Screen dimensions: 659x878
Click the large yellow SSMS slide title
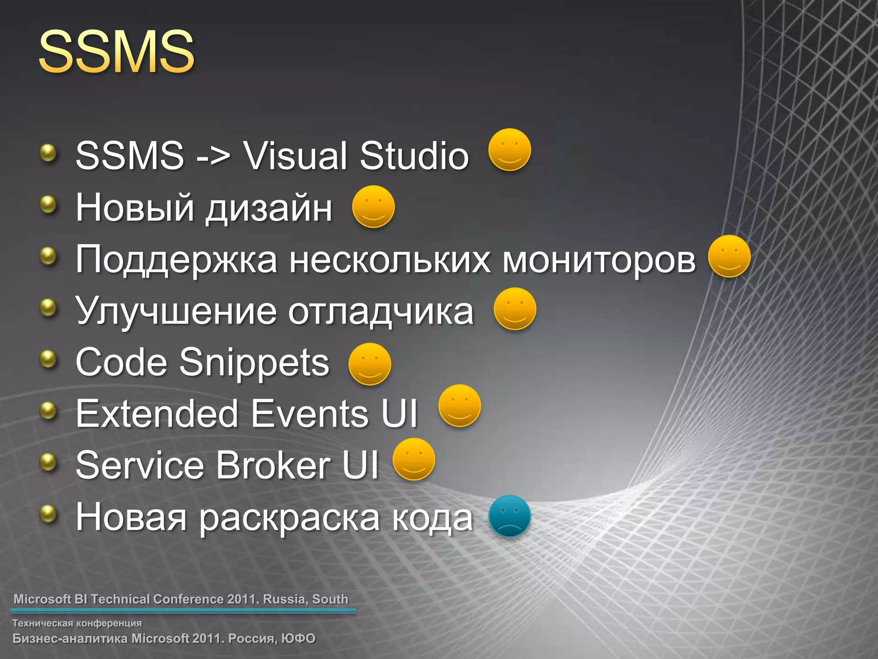click(117, 52)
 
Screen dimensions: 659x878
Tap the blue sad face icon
click(510, 516)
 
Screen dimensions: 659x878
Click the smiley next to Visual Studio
click(510, 150)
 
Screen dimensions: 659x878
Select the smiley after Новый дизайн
click(373, 206)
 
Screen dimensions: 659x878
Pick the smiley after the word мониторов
click(729, 256)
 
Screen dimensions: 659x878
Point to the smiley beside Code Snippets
click(370, 364)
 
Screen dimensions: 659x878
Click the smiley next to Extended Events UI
click(460, 405)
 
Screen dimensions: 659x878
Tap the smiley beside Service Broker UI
click(414, 459)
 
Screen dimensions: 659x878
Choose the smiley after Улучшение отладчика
click(514, 309)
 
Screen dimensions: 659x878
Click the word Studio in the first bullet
click(414, 155)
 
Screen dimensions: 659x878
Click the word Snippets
click(254, 363)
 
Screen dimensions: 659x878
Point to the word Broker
click(274, 465)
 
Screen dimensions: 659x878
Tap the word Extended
click(157, 414)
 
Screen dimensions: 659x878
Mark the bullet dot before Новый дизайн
click(48, 205)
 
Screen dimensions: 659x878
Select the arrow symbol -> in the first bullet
click(213, 156)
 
